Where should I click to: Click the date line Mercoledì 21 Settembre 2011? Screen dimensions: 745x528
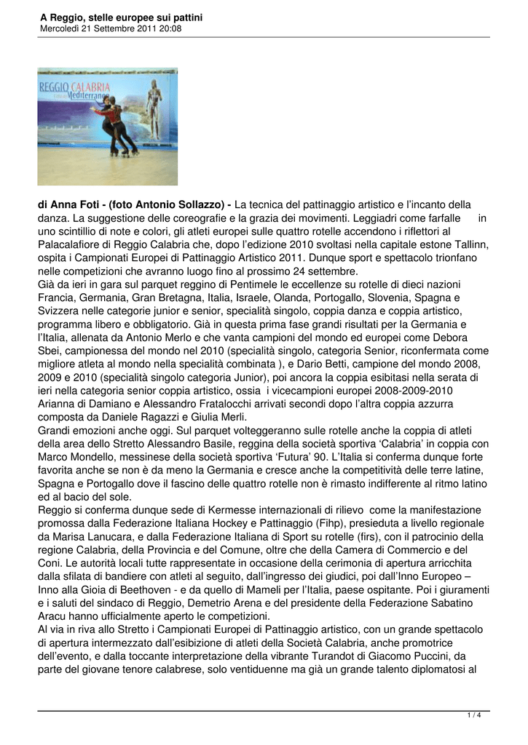click(111, 28)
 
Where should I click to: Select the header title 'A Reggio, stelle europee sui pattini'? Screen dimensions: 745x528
click(121, 17)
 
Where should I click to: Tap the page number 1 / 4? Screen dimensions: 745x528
click(473, 716)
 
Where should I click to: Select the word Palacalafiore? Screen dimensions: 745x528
click(74, 244)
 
